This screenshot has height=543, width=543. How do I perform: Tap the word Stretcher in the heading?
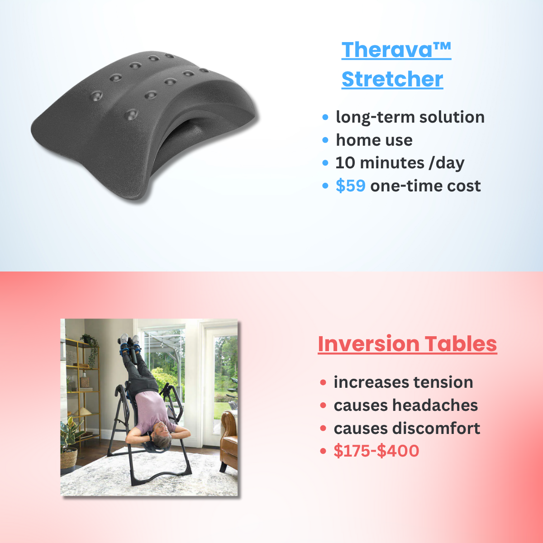coord(392,79)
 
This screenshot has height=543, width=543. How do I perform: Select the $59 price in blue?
coord(351,186)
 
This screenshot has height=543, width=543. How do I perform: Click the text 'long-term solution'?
coord(410,117)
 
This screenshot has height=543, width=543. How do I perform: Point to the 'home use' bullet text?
coord(374,140)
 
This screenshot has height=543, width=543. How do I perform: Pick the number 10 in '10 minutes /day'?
coord(343,163)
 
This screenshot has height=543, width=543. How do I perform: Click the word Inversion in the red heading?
coord(367,344)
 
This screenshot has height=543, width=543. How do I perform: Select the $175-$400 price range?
coord(376,451)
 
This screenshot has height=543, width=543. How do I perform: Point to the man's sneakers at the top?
coord(129,339)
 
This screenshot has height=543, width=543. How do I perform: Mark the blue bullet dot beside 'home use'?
coord(325,140)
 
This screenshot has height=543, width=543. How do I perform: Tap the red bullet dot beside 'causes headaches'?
coord(323,405)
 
